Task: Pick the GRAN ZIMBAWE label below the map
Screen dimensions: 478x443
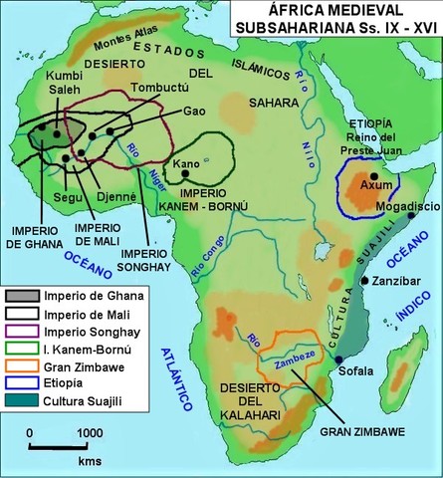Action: coord(355,432)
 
